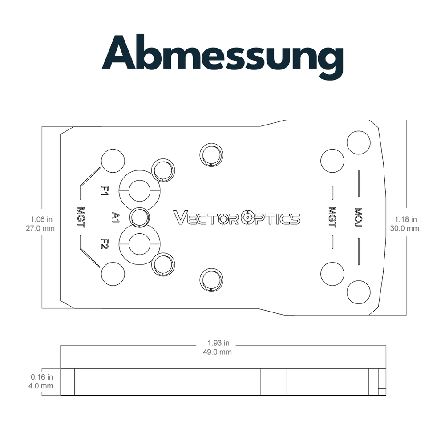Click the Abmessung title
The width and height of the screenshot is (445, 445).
222,56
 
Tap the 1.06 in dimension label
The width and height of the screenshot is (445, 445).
41,219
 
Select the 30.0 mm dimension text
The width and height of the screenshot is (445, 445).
405,228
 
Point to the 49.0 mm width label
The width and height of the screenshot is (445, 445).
217,352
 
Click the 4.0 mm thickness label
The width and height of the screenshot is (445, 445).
40,386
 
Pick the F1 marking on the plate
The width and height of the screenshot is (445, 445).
105,190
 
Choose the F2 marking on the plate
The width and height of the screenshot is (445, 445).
105,243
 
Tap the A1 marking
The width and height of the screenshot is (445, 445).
116,217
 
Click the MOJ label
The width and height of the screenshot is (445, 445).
358,218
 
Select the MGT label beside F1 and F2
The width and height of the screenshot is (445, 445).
81,218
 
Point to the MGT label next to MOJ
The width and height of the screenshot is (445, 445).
332,218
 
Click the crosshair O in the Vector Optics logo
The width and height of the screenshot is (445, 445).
248,218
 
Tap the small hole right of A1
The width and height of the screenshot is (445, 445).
139,218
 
